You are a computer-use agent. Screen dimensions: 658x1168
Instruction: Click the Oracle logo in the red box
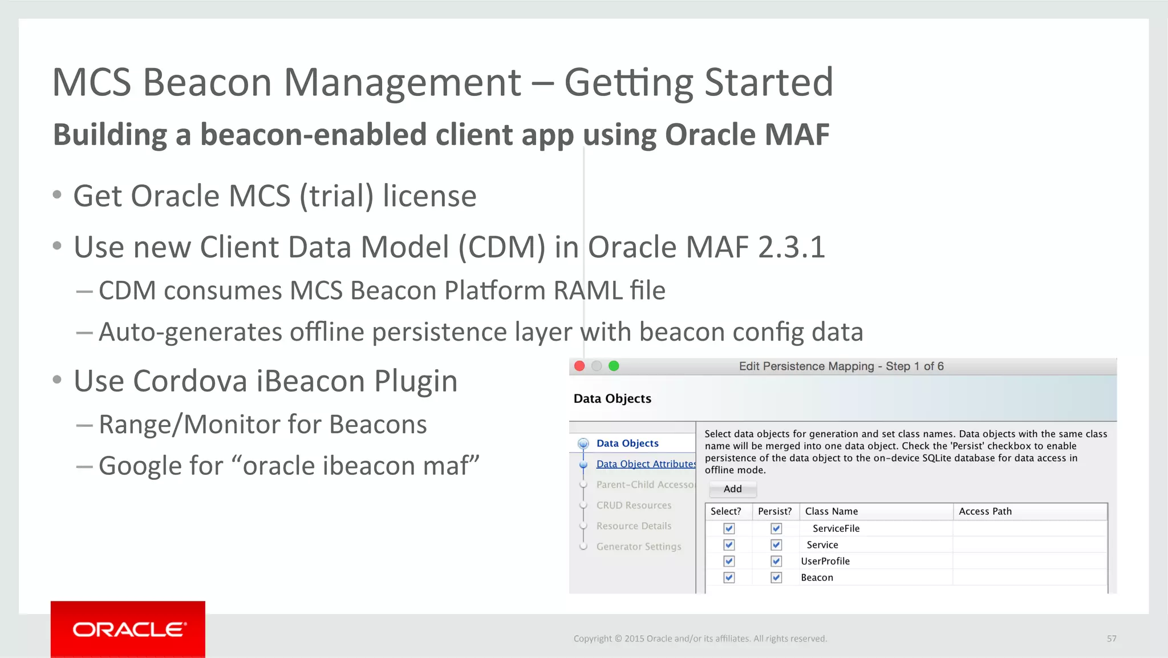click(x=129, y=629)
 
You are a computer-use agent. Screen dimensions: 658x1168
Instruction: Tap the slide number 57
click(x=1112, y=639)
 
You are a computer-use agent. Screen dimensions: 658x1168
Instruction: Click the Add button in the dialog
click(x=733, y=489)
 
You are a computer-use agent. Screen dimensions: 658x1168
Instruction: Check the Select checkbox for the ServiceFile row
click(x=729, y=528)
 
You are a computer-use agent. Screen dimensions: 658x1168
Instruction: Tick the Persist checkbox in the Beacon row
click(x=776, y=578)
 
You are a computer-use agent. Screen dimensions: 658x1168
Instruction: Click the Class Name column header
click(x=831, y=511)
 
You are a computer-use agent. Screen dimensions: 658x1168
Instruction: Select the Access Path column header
click(x=985, y=511)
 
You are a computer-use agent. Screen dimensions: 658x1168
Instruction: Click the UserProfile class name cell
click(x=825, y=561)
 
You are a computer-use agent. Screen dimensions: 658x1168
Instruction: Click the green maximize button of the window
click(x=614, y=366)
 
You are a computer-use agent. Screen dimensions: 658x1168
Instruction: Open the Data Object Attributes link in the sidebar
click(x=646, y=464)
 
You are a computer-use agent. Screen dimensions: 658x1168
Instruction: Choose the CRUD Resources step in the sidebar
click(x=634, y=505)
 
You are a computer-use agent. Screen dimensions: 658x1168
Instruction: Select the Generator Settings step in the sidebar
click(x=638, y=546)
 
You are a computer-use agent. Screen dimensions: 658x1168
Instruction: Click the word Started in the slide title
click(x=769, y=82)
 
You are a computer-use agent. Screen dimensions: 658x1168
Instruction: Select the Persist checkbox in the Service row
click(x=776, y=545)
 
